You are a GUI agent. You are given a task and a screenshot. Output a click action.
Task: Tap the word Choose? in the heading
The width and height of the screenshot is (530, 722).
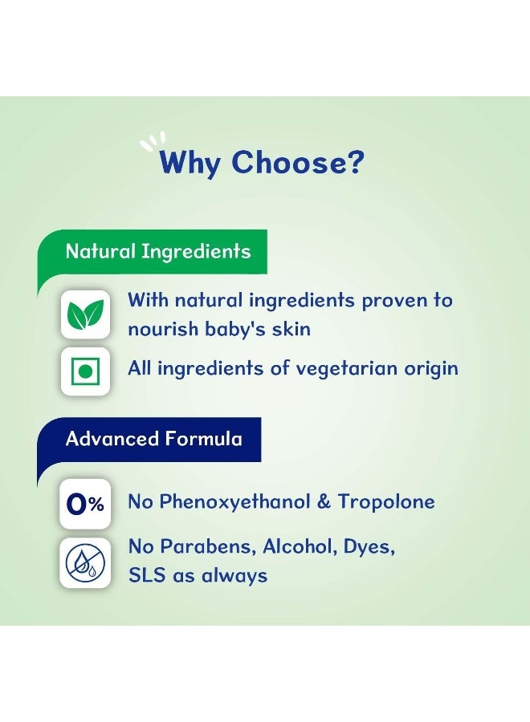coord(298,161)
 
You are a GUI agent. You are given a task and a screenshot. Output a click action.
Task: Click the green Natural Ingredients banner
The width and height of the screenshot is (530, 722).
coord(152,251)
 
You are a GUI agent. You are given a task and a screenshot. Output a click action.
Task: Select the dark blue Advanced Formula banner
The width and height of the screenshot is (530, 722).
coord(149,439)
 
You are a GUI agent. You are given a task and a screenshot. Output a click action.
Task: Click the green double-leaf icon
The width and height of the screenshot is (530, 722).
coord(86,314)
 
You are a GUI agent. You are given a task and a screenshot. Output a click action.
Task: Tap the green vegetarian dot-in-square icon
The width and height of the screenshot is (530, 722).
coord(85,371)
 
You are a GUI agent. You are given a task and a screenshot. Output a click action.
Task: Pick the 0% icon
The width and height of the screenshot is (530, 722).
coord(85,504)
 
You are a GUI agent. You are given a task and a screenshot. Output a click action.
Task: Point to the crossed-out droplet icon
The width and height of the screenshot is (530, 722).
coord(85,562)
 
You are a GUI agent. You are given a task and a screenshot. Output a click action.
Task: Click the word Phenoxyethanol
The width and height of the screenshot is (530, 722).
coord(234,502)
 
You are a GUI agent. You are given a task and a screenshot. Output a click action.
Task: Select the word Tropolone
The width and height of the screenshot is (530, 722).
coord(386,501)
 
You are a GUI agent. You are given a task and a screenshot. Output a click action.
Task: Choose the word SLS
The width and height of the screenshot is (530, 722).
coord(147,575)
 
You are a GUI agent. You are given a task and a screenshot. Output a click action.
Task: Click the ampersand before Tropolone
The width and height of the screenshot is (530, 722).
coord(324,502)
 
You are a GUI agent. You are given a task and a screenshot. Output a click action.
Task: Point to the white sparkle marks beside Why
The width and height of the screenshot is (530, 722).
coord(153,141)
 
